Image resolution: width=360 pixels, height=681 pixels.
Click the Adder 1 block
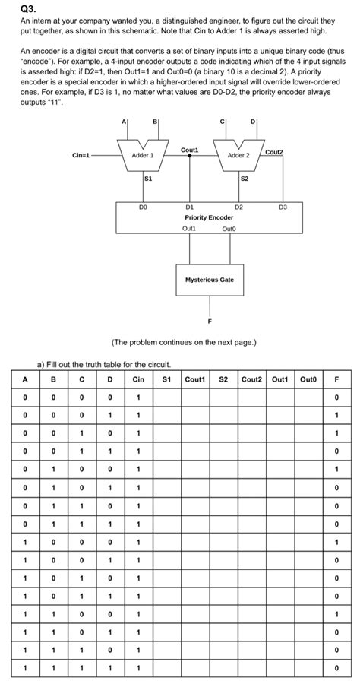[143, 154]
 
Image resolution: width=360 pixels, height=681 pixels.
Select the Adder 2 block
[238, 154]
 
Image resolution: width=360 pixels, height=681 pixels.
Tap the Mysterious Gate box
[210, 280]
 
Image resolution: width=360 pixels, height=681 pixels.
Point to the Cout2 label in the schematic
[273, 152]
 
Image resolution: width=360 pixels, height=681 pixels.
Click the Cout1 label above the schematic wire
[190, 150]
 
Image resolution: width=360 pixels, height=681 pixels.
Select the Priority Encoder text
[210, 217]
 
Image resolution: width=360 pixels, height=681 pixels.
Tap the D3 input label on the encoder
[284, 206]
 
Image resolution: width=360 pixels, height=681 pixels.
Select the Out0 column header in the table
[308, 378]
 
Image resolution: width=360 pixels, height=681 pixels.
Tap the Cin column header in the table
[138, 378]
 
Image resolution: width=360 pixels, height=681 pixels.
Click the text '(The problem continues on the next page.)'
[185, 343]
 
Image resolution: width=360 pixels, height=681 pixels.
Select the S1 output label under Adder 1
[149, 179]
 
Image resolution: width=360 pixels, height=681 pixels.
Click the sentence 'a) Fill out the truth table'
[104, 364]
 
